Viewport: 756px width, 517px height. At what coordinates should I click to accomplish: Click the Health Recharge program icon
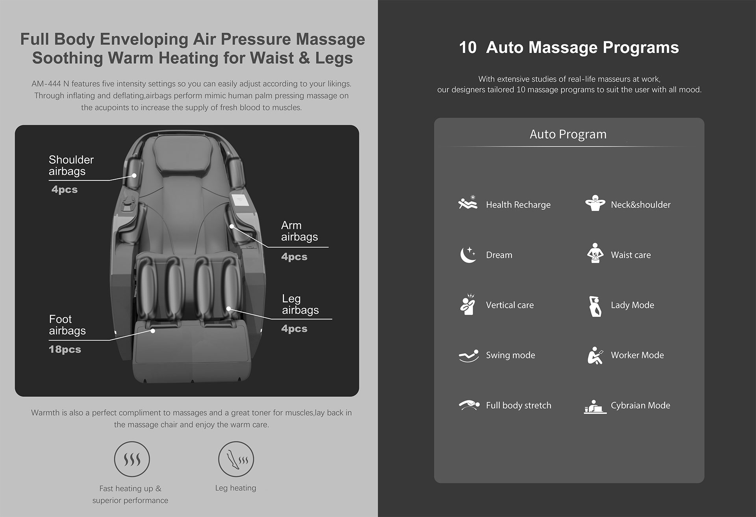click(468, 203)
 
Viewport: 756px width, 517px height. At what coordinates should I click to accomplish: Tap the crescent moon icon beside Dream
click(468, 255)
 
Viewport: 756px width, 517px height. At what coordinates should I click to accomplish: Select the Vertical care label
click(510, 305)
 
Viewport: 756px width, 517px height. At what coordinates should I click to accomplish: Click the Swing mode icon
click(469, 355)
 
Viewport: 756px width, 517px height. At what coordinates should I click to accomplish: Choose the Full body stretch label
click(519, 405)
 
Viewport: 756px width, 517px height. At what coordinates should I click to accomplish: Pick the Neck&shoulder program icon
click(595, 203)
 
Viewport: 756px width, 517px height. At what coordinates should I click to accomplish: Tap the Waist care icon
click(595, 253)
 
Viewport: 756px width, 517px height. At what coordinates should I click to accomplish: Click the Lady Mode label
click(632, 305)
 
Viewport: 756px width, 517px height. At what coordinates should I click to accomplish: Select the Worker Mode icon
click(595, 355)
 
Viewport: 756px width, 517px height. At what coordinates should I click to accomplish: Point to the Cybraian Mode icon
click(595, 407)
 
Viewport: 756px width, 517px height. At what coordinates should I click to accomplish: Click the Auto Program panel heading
click(568, 134)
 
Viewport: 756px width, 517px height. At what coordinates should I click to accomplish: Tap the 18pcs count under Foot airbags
click(65, 350)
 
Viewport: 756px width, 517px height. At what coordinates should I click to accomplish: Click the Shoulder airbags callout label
click(71, 166)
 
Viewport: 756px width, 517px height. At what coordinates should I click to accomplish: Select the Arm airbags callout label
click(299, 231)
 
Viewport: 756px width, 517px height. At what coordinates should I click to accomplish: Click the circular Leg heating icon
click(236, 459)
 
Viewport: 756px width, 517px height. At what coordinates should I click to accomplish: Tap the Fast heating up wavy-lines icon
click(132, 459)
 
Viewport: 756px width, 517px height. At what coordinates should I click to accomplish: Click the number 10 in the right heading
click(468, 48)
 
